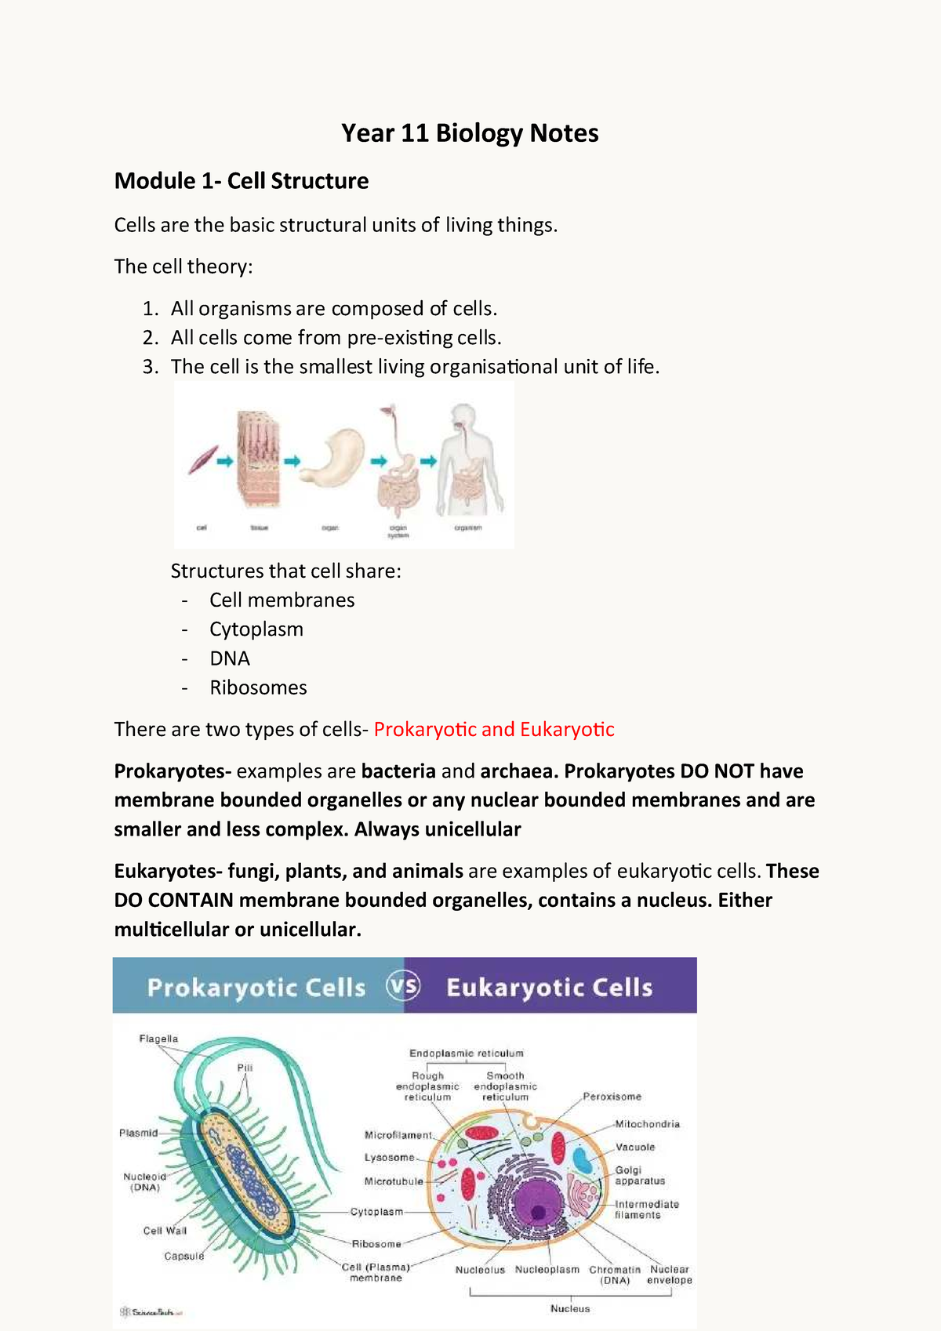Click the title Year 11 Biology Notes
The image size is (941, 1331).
click(x=470, y=133)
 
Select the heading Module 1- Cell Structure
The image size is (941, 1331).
click(x=242, y=181)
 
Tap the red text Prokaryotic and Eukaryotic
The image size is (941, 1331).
click(x=494, y=730)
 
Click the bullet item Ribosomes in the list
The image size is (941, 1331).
click(x=258, y=687)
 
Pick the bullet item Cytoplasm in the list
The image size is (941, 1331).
click(x=256, y=629)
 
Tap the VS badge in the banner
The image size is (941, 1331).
click(x=404, y=986)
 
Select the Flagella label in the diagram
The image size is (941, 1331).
click(x=158, y=1039)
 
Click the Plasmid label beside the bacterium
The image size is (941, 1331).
click(x=138, y=1133)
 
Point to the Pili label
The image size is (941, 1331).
click(x=245, y=1068)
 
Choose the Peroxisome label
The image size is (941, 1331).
click(x=612, y=1097)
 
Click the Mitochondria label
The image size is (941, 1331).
click(x=647, y=1124)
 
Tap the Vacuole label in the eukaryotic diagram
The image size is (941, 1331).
click(x=634, y=1147)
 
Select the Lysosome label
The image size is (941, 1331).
click(x=389, y=1158)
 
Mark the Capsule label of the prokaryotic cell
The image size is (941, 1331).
click(x=184, y=1256)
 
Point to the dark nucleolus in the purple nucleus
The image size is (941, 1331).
click(x=539, y=1213)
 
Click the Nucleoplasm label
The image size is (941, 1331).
click(x=547, y=1270)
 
